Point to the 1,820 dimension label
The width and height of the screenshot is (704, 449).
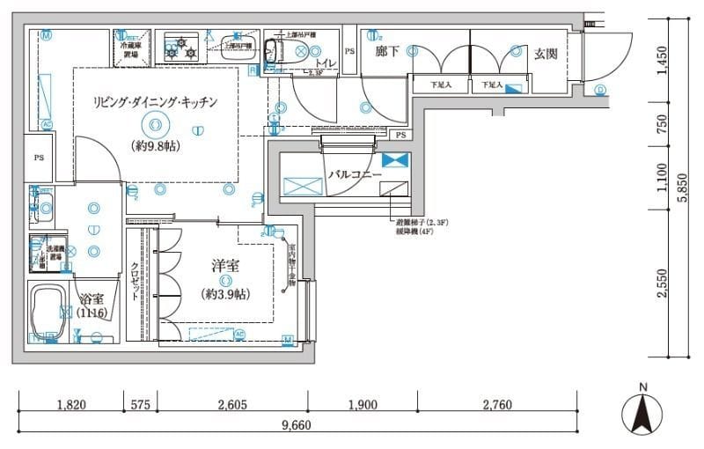[x=71, y=405]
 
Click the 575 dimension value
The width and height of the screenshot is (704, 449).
[x=140, y=405]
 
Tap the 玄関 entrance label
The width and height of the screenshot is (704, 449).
[x=546, y=54]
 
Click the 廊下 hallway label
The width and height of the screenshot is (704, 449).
[x=387, y=52]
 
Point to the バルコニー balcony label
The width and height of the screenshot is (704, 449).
[x=355, y=175]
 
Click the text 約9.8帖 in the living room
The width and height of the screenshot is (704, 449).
[x=156, y=146]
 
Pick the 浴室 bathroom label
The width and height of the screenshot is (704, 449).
[x=92, y=298]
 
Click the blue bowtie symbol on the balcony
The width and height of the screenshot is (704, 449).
[x=395, y=159]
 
